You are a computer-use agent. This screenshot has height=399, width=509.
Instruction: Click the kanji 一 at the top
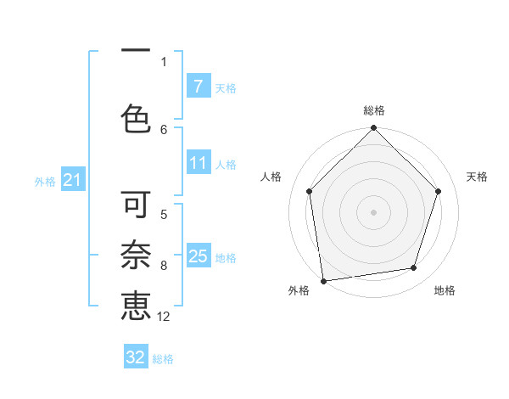pos(136,51)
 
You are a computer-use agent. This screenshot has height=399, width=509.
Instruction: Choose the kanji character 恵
pos(136,306)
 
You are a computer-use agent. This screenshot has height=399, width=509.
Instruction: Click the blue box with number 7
pos(198,87)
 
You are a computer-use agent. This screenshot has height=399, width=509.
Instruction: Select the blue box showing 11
pos(198,164)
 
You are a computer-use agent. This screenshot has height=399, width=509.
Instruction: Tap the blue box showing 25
pos(198,256)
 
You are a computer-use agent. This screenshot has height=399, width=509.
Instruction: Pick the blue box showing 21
pos(72,180)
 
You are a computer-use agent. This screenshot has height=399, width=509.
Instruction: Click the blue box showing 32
pos(136,357)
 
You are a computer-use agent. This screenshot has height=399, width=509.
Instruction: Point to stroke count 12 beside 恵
pos(164,317)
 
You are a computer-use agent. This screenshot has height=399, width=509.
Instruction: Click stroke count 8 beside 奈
pos(164,266)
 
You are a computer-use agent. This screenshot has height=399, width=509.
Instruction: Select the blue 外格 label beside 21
pos(45,181)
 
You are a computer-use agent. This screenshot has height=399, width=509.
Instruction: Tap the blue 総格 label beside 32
pos(163,358)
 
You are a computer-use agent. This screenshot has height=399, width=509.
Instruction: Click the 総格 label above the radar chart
pos(374,110)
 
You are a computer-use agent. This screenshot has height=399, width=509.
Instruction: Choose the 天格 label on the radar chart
pos(478,177)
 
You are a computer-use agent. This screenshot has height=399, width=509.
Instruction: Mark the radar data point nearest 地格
pos(414,268)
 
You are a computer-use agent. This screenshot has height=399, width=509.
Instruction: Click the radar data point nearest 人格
pos(310,191)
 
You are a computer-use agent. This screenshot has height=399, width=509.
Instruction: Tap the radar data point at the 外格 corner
pos(323,280)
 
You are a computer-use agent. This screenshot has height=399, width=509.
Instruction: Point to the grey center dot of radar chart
pos(374,211)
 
